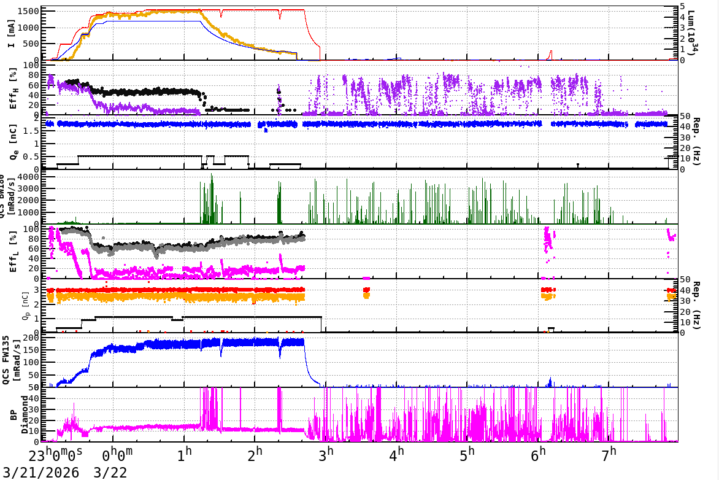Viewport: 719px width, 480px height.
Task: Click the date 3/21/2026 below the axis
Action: pyautogui.click(x=40, y=472)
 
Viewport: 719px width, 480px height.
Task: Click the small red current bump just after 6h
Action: pyautogui.click(x=550, y=53)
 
